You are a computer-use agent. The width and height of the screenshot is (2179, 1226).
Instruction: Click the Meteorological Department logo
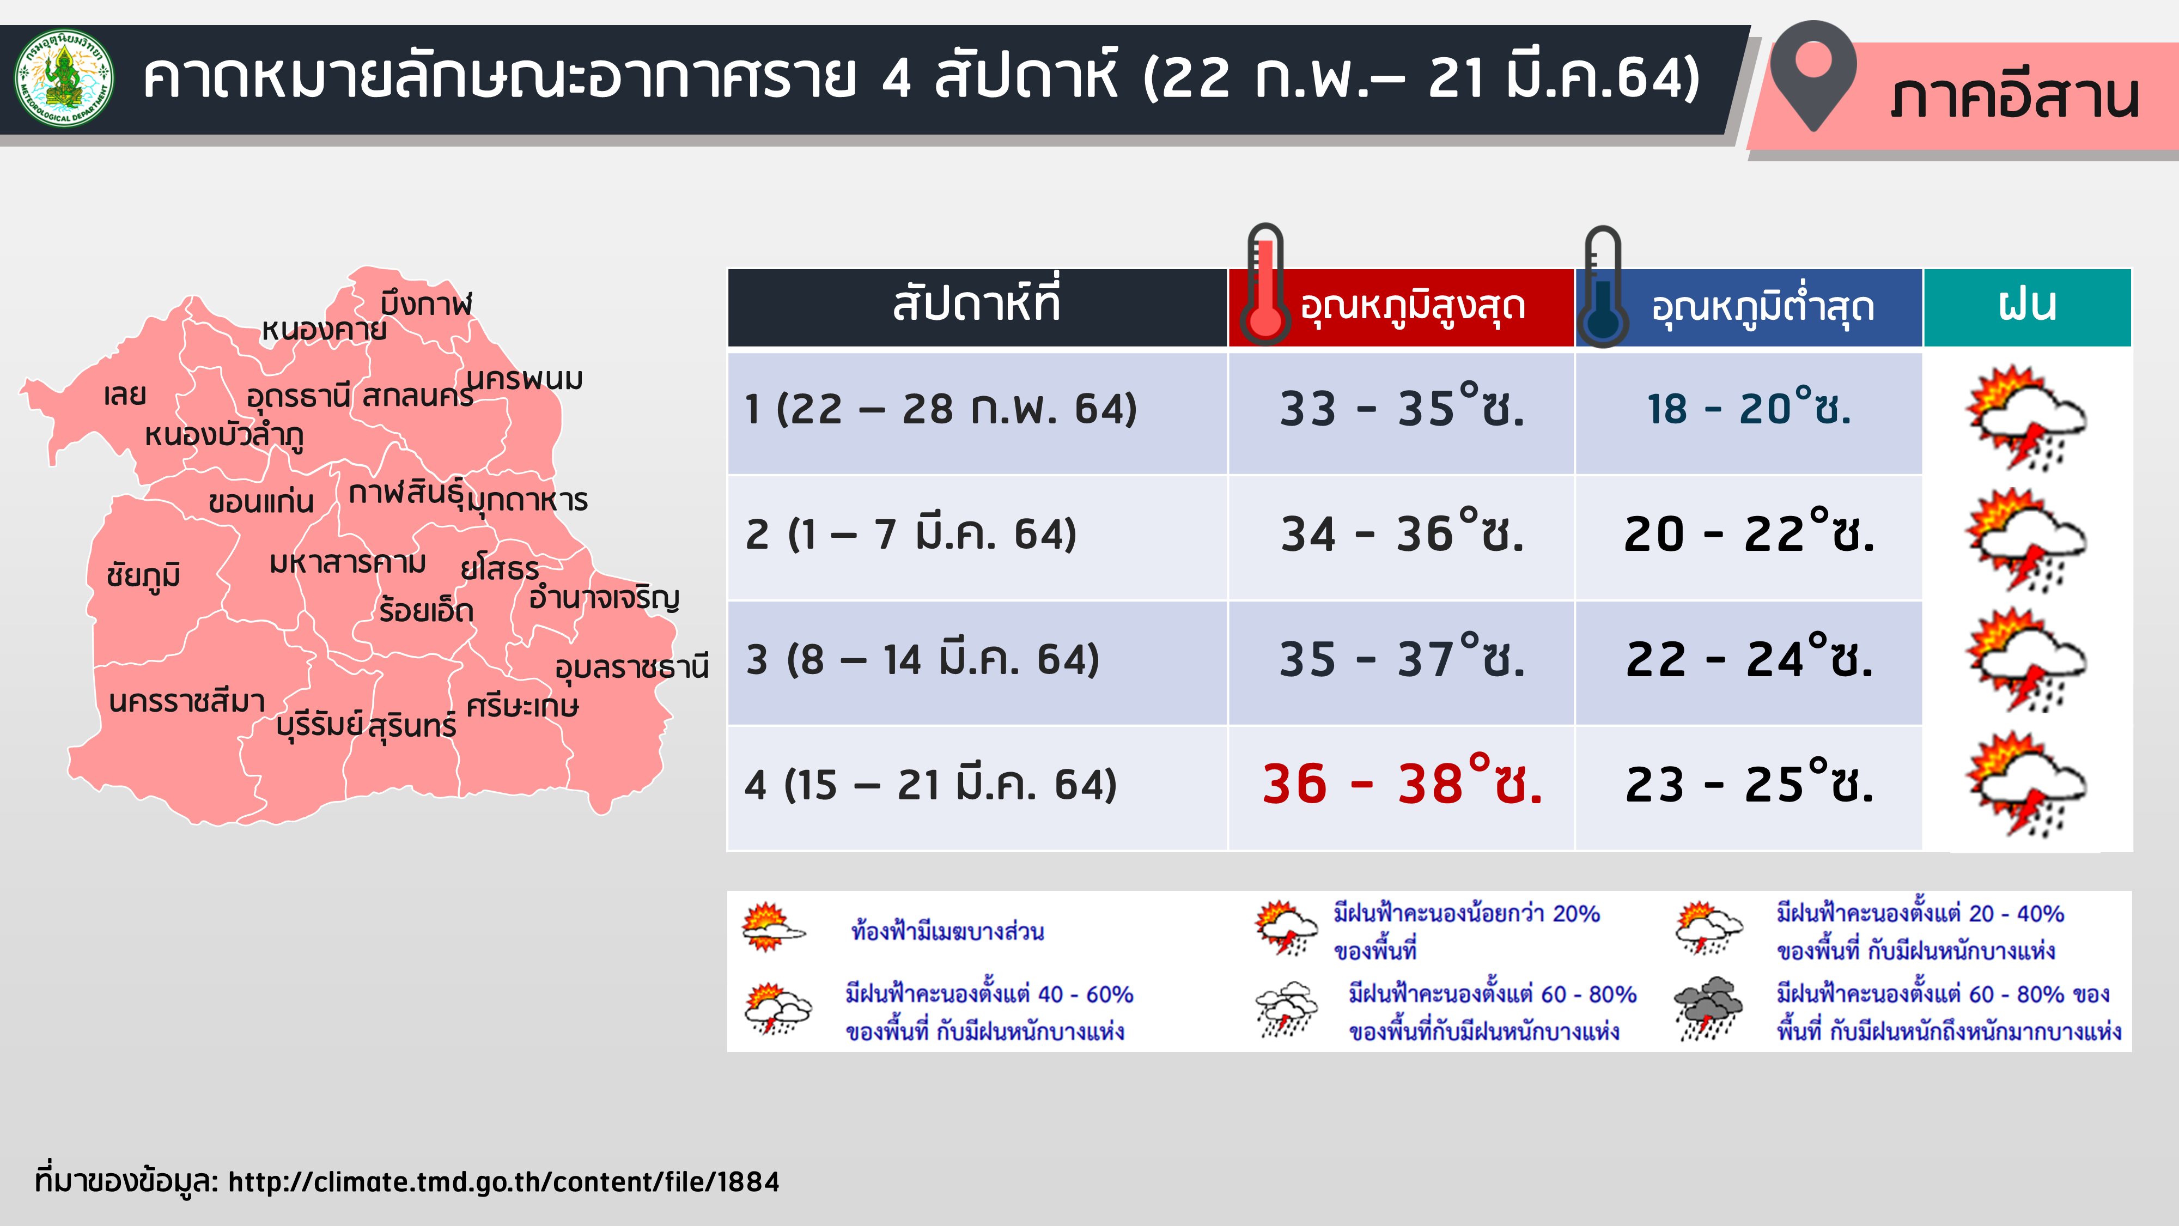(x=64, y=78)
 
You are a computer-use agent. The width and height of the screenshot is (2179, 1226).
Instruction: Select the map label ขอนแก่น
(x=261, y=501)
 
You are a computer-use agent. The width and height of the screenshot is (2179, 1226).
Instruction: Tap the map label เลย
(x=125, y=394)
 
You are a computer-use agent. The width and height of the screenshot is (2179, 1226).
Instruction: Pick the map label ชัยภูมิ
(x=144, y=575)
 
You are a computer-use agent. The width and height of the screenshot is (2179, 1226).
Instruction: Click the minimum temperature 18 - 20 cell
(x=1749, y=408)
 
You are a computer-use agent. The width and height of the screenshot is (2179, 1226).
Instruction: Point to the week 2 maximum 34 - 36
(x=1402, y=533)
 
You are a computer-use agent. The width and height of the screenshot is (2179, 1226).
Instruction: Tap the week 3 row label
(x=922, y=659)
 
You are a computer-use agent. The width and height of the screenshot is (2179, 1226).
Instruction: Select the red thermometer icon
(x=1265, y=284)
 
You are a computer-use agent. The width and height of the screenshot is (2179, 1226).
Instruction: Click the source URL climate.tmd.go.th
(x=504, y=1181)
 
